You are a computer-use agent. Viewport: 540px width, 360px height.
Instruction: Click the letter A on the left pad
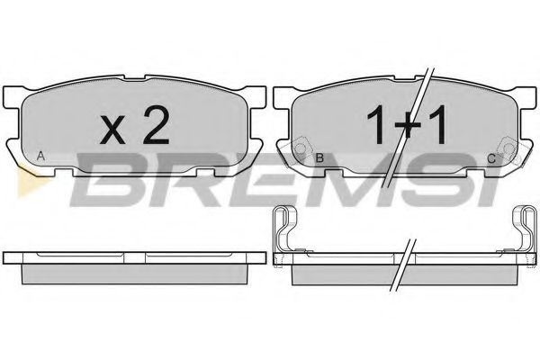pos(40,157)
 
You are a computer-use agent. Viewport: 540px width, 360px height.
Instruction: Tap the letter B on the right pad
pos(319,158)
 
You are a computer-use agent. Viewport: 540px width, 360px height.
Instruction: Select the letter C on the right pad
pos(491,158)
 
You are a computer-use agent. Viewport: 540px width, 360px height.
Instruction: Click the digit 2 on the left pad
pos(157,124)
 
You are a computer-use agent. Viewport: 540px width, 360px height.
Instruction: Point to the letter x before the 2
pos(112,130)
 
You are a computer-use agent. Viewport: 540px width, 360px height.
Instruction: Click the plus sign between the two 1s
pos(408,126)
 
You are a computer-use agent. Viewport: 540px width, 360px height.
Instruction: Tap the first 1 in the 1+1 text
pos(377,124)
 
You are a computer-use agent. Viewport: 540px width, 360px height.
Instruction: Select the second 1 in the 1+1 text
pos(437,124)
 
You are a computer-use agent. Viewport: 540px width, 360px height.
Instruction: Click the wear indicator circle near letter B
pos(301,148)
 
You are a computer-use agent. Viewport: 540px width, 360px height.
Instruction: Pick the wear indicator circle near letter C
pos(508,148)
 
